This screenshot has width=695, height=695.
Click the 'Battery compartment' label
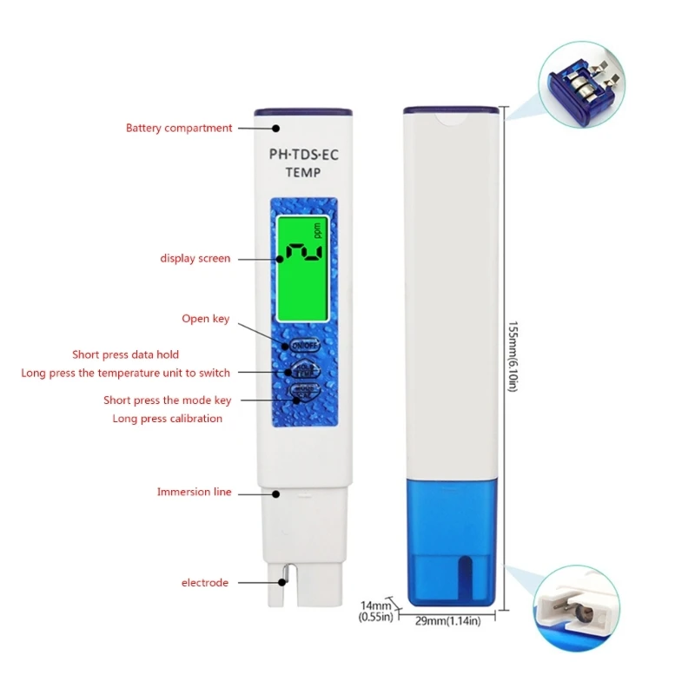[x=179, y=128]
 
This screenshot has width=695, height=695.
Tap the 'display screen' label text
[x=195, y=258]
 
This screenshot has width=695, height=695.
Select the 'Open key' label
[x=206, y=319]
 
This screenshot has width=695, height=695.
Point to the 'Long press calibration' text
[x=168, y=418]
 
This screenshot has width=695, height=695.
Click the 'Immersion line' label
[x=195, y=492]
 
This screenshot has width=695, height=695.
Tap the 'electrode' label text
[x=205, y=582]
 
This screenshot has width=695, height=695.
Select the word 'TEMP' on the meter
[x=302, y=173]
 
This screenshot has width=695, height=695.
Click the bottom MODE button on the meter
[x=301, y=393]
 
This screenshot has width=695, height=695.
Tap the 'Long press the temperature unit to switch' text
[x=126, y=373]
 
